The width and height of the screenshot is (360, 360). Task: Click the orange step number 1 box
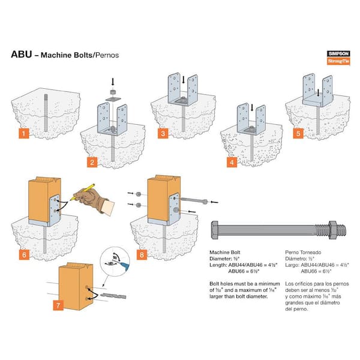click(22, 133)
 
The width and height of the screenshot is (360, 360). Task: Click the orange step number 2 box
click(91, 162)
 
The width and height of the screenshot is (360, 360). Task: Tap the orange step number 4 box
click(230, 162)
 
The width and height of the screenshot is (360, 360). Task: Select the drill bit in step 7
click(112, 296)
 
